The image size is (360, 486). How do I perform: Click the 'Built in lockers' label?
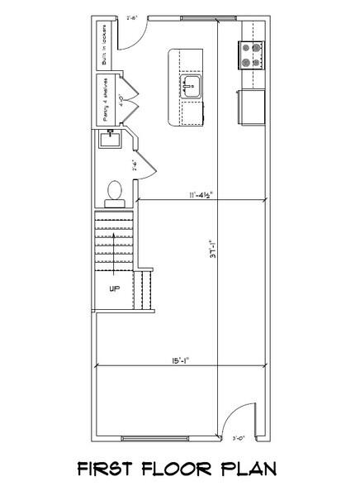[x=105, y=49]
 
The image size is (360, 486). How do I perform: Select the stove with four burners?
[x=252, y=55]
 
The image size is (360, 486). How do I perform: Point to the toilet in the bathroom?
[x=115, y=192]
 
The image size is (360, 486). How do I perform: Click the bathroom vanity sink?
[x=108, y=140]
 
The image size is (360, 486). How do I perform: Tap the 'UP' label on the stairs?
[x=116, y=288]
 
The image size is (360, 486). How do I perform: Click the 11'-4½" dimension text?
[x=201, y=195]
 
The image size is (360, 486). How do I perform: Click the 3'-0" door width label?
[x=240, y=438]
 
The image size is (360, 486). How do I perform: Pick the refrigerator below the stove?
[x=252, y=106]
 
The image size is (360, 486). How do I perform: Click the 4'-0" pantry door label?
[x=123, y=105]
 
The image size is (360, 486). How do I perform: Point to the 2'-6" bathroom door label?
[x=130, y=163]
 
